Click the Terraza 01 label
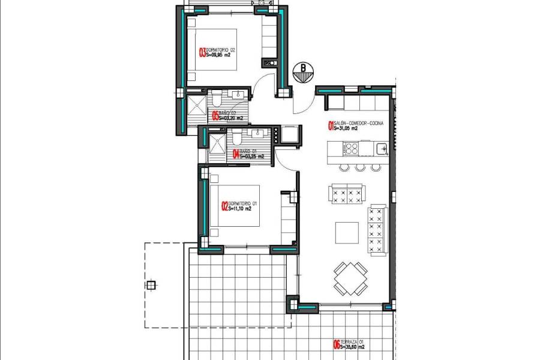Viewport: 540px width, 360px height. click(x=352, y=343)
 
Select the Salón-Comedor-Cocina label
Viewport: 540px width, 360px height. click(x=354, y=123)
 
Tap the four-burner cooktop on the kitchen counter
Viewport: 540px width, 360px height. click(x=350, y=148)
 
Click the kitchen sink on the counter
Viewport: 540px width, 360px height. click(x=380, y=148)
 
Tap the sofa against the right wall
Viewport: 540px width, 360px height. click(x=377, y=230)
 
